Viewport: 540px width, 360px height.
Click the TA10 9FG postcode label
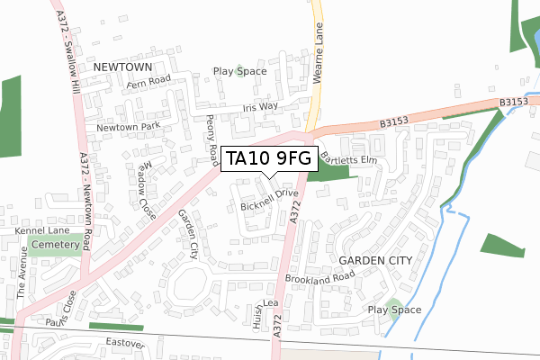click(x=268, y=159)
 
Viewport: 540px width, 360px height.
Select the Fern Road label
click(x=149, y=80)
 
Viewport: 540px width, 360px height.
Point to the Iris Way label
click(x=261, y=107)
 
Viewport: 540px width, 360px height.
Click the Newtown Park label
click(x=128, y=128)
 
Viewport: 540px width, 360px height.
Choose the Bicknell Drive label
click(x=269, y=200)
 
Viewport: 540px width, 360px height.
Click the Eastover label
click(x=124, y=343)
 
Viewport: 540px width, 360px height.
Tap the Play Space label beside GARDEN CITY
click(x=394, y=310)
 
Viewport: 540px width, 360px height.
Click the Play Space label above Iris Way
click(x=239, y=71)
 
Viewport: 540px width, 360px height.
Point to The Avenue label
click(x=22, y=280)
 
